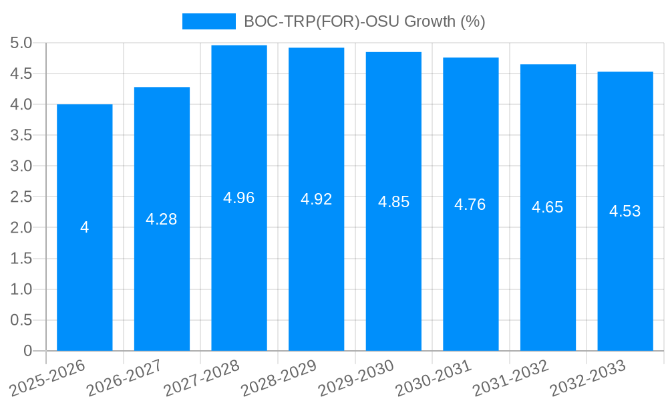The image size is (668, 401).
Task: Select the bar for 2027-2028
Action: (239, 267)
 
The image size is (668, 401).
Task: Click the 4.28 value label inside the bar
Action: (162, 219)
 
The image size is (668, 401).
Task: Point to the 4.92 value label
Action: (316, 199)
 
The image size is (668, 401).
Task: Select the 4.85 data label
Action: (393, 202)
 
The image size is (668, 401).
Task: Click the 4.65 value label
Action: (548, 207)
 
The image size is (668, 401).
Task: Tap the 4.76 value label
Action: (470, 205)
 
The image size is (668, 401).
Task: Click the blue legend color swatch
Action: (208, 21)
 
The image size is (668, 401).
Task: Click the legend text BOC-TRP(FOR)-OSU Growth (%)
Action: (364, 21)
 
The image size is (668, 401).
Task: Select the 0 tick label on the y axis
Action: (27, 351)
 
